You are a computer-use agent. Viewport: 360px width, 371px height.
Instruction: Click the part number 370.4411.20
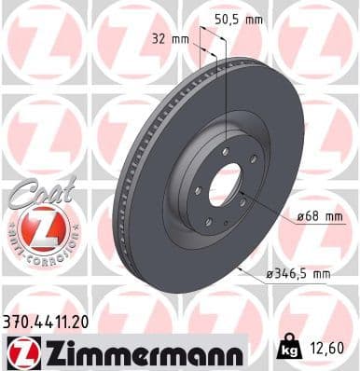click(x=47, y=320)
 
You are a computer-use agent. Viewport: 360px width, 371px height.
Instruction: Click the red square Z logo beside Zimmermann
click(x=21, y=351)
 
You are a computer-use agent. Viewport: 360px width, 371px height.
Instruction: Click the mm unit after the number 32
click(x=182, y=39)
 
